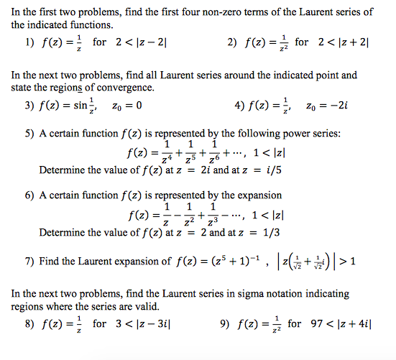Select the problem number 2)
(233, 43)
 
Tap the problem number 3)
(29, 106)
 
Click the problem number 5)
(29, 134)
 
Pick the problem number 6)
(29, 195)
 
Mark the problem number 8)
(29, 324)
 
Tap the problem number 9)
(224, 324)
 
